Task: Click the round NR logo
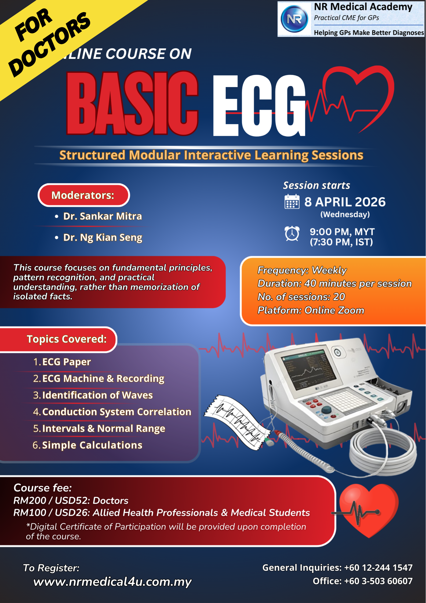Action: pyautogui.click(x=294, y=19)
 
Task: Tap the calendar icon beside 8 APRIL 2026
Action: pyautogui.click(x=292, y=201)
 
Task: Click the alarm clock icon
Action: pyautogui.click(x=292, y=233)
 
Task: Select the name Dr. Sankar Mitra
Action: pyautogui.click(x=103, y=216)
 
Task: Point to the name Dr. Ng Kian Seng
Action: pyautogui.click(x=103, y=238)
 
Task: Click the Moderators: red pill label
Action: pyautogui.click(x=84, y=195)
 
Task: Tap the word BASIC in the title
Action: pyautogui.click(x=132, y=103)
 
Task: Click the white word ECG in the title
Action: pyautogui.click(x=259, y=105)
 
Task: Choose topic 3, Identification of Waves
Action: pyautogui.click(x=93, y=395)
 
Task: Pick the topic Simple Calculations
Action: pyautogui.click(x=92, y=445)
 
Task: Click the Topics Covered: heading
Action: pyautogui.click(x=67, y=339)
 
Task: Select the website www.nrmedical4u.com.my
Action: pyautogui.click(x=112, y=582)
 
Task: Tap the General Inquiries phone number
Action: pyautogui.click(x=378, y=568)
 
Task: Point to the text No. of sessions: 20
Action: pyautogui.click(x=301, y=297)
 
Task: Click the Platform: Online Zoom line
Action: pyautogui.click(x=311, y=310)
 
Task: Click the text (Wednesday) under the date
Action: pyautogui.click(x=345, y=214)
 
